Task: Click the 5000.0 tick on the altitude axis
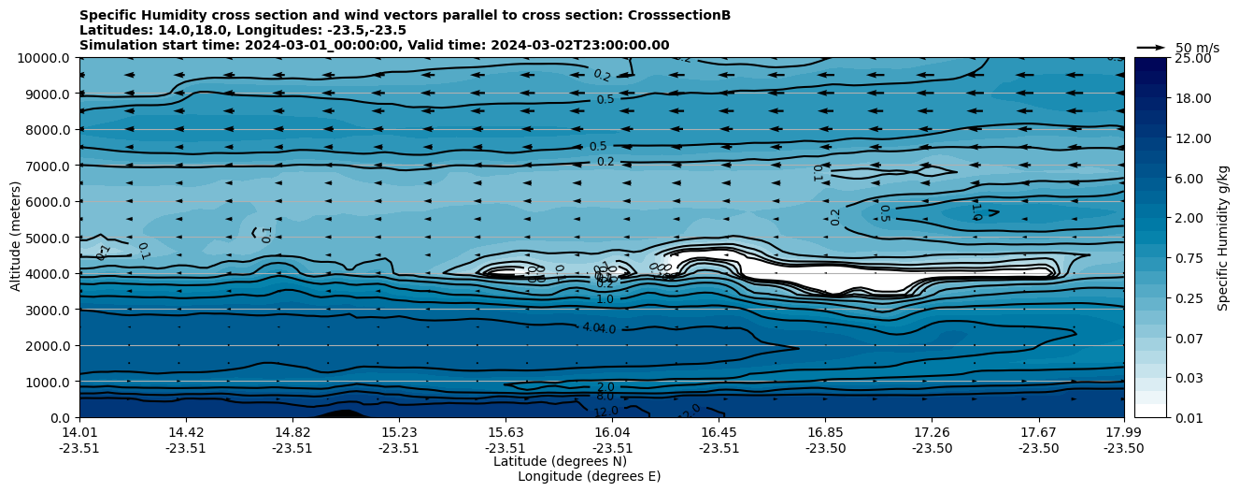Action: [46, 238]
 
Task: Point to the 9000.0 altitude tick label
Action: [46, 94]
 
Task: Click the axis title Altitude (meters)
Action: [15, 238]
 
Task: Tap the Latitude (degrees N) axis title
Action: [560, 461]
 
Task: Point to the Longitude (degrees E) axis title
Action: [589, 476]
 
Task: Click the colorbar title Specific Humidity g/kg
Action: [1223, 238]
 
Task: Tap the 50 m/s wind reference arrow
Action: [1150, 48]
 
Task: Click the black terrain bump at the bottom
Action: [342, 413]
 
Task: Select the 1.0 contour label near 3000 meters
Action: [605, 299]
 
